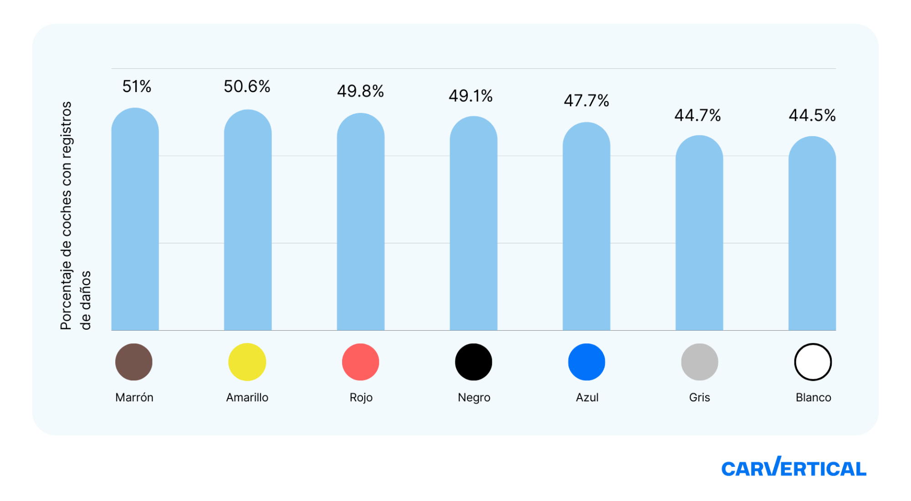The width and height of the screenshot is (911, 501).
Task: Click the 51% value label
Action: tap(137, 87)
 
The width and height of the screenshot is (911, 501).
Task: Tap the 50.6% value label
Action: tap(247, 87)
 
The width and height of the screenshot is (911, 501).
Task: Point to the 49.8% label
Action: tap(360, 91)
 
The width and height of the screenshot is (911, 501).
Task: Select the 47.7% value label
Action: tap(586, 101)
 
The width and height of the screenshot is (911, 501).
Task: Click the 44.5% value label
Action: tap(812, 115)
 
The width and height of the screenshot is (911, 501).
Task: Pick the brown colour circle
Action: tap(134, 362)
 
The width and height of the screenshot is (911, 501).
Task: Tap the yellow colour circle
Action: tap(247, 362)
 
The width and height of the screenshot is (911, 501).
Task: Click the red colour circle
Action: tap(360, 362)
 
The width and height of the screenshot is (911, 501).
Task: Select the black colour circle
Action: tap(474, 362)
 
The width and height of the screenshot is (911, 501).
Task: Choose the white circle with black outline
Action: tap(813, 362)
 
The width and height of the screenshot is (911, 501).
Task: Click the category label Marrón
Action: tap(134, 398)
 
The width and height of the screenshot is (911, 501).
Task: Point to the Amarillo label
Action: tap(247, 398)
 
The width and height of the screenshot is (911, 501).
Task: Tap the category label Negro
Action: tap(474, 398)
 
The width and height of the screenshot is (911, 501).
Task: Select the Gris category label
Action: tap(700, 398)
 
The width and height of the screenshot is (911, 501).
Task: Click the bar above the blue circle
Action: tap(586, 228)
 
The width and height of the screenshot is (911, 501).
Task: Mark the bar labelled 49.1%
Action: tap(474, 223)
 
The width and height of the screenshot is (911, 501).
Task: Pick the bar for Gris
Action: tap(699, 232)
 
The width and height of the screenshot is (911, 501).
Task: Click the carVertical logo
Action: tap(793, 468)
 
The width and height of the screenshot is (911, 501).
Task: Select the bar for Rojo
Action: tap(361, 223)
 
